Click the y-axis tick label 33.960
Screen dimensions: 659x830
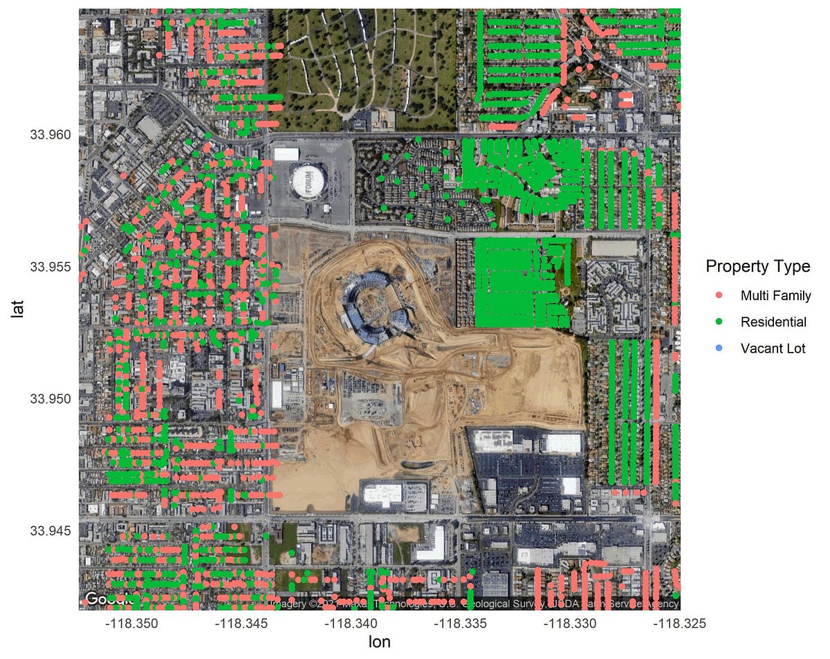point(50,134)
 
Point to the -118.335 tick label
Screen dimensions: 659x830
point(461,624)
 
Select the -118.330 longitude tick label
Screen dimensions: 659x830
point(570,624)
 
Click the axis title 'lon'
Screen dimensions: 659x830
point(379,642)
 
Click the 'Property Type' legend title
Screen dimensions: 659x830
point(757,266)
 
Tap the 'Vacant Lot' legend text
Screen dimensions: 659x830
point(773,348)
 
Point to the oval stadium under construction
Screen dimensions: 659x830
point(374,305)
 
